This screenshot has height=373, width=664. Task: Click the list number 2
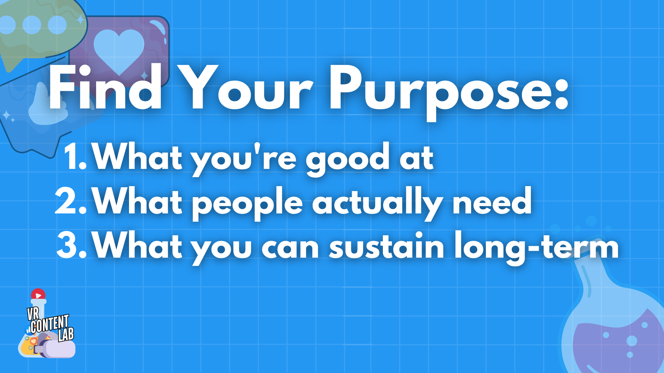[x=71, y=201]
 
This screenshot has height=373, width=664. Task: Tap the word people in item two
[x=247, y=204]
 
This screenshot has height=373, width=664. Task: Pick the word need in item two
[x=492, y=200]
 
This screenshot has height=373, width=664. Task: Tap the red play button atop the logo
[x=38, y=295]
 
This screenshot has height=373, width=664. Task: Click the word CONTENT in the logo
[x=49, y=324]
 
